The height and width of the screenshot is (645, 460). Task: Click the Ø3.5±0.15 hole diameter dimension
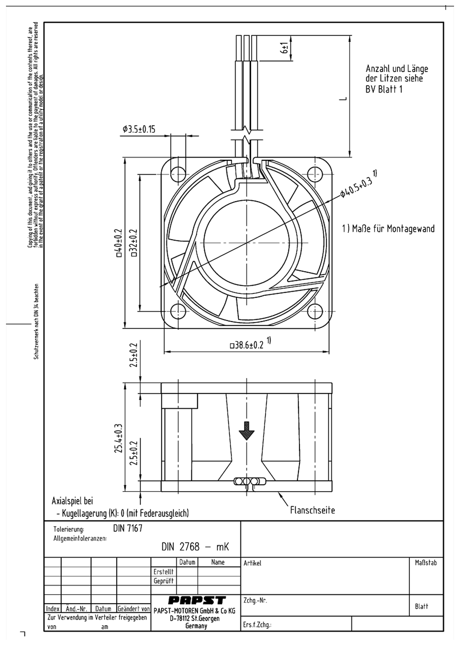(139, 129)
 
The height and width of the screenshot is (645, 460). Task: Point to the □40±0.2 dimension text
(119, 243)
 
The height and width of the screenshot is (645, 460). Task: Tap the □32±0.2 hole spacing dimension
(134, 243)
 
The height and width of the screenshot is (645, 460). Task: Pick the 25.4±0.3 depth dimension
(119, 438)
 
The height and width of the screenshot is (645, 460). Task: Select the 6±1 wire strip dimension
(285, 48)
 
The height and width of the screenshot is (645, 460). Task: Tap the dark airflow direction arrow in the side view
(247, 430)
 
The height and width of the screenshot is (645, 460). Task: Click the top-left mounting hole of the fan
(178, 174)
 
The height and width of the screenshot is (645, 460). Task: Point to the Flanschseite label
(312, 510)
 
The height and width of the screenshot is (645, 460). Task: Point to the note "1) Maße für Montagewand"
(388, 229)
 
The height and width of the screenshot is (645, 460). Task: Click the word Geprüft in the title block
(164, 581)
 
